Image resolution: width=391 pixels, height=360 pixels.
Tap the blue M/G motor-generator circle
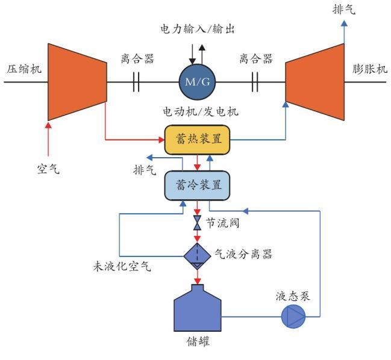196,81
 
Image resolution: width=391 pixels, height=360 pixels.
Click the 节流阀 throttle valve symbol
197,224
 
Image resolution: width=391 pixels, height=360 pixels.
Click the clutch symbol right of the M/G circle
255,81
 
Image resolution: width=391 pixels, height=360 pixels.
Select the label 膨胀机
369,68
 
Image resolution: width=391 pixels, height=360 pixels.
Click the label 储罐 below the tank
197,349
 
